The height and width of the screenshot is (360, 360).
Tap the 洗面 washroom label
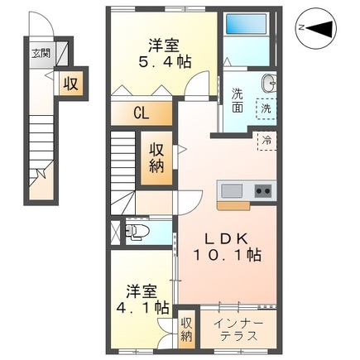point(237,101)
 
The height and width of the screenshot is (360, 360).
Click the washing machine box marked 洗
point(266,108)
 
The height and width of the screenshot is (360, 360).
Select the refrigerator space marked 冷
point(266,141)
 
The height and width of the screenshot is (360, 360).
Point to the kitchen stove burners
point(262,190)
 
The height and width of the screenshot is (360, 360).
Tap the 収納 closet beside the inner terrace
point(187,328)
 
